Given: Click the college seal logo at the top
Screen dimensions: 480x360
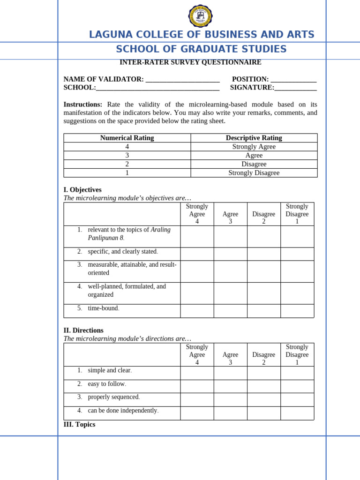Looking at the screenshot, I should [200, 16].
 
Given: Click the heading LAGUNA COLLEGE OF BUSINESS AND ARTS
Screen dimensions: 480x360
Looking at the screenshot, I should [202, 35].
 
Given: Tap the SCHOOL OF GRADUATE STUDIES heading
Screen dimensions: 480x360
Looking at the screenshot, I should [201, 49].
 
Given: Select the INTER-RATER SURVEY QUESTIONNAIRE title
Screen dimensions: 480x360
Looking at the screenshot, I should [190, 62].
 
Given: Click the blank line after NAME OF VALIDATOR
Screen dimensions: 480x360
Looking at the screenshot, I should [182, 80].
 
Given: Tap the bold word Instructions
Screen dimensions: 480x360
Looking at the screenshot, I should [82, 105].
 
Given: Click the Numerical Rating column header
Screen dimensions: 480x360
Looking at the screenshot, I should [127, 138].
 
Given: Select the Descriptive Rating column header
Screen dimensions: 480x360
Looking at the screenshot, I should [254, 138].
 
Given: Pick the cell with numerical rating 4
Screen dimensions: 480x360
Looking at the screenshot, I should [127, 147].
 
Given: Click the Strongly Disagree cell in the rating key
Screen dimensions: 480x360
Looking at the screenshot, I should [254, 173].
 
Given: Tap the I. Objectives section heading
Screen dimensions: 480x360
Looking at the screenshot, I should [82, 190].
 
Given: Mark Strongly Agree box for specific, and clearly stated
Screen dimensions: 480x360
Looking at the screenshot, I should [197, 254].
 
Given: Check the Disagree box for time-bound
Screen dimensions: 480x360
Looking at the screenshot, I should [263, 311].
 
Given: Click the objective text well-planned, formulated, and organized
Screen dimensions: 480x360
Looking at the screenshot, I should [127, 291].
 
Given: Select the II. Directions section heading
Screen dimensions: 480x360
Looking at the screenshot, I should [83, 330].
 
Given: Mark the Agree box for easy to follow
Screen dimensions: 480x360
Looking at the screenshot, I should [230, 386].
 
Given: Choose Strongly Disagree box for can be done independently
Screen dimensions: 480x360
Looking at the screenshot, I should [297, 413].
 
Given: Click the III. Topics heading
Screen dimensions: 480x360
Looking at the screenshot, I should [79, 425].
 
